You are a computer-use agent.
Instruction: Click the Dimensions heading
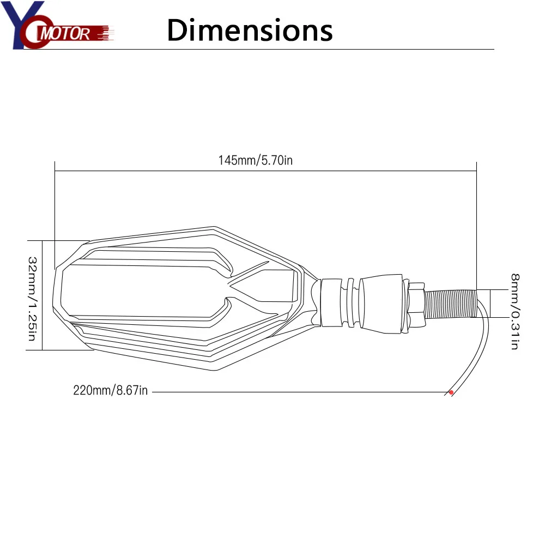[250, 30]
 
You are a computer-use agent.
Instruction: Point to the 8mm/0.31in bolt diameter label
[514, 311]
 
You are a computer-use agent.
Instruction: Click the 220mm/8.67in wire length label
[110, 391]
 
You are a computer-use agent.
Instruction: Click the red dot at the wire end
[451, 392]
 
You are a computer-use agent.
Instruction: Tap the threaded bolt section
[451, 304]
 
